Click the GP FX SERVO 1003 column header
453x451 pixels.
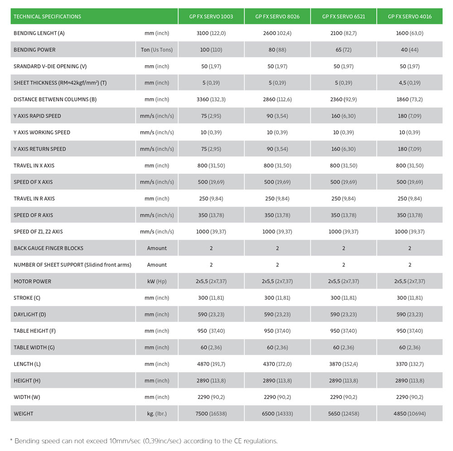211,17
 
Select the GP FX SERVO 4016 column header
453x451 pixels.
410,17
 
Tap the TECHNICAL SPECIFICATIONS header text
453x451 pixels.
48,17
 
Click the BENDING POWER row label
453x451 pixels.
34,50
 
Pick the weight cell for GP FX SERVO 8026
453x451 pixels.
277,413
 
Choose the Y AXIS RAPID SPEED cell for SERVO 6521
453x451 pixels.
343,116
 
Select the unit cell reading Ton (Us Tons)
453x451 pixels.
157,50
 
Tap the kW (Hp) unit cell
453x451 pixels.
157,281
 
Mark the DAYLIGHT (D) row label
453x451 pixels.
30,314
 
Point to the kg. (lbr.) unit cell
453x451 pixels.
157,413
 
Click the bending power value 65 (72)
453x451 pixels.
343,50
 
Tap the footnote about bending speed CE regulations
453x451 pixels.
144,441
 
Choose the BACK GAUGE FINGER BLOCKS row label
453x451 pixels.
48,248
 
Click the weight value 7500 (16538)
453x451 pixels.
211,413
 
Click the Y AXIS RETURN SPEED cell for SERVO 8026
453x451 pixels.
277,149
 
